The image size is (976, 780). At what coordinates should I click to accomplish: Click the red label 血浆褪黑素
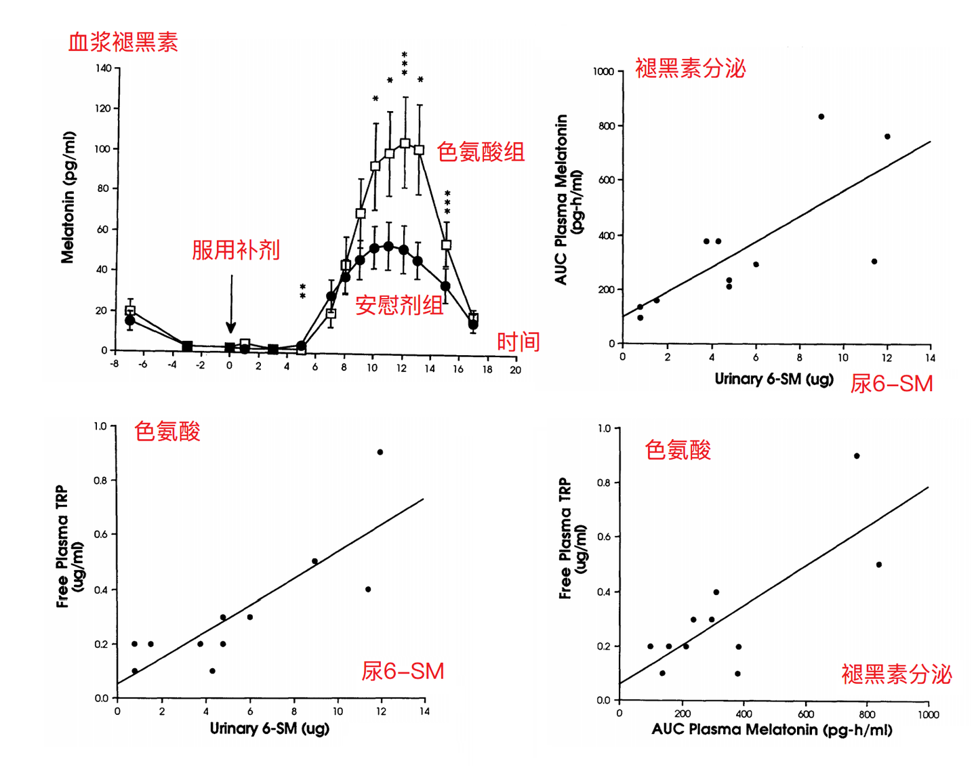pos(123,43)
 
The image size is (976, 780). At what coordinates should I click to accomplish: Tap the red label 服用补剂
pos(235,250)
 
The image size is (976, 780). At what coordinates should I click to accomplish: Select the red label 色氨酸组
pos(481,152)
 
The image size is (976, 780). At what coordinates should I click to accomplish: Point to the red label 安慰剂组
pos(399,306)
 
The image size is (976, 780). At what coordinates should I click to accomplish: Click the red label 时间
pos(518,342)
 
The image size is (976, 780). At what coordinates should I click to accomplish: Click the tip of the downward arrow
pos(231,331)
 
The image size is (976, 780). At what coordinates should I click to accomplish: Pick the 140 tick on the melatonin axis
pos(104,68)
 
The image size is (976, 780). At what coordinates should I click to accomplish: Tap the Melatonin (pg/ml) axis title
pos(68,197)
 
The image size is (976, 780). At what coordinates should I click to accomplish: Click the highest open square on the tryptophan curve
pos(405,143)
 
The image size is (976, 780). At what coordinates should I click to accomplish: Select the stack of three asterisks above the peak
pos(405,63)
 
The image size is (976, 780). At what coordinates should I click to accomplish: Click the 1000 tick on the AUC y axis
pos(603,72)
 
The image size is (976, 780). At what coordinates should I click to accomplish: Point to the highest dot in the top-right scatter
pos(821,117)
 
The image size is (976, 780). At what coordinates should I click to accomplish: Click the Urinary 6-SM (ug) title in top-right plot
pos(773,379)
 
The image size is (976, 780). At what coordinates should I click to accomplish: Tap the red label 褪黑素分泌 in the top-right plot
pos(690,68)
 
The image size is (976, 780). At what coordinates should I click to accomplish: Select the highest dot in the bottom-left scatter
pos(380,452)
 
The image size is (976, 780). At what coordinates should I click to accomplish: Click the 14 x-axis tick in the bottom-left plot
pos(424,712)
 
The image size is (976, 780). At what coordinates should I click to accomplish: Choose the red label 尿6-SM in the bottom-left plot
pos(403,671)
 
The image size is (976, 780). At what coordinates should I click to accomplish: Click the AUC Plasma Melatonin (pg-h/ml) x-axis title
pos(771,731)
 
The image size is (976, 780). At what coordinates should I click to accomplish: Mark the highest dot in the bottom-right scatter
pos(857,456)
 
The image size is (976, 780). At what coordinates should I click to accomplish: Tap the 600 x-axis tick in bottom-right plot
pos(805,714)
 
